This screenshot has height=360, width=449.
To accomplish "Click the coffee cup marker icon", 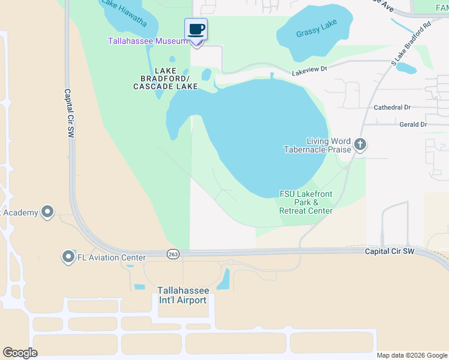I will (196, 29).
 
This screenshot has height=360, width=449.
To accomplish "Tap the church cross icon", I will (360, 144).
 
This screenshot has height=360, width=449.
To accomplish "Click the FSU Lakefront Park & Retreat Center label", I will (306, 202).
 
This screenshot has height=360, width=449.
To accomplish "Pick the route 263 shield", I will (173, 254).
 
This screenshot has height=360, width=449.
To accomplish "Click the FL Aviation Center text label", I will (112, 258).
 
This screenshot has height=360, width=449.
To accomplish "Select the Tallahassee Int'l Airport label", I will (182, 295).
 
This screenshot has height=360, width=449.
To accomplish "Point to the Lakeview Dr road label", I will (309, 71).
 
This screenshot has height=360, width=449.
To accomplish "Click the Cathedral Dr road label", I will (392, 107).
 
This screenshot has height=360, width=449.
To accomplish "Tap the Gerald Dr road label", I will (412, 124).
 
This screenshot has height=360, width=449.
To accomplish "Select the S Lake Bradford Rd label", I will (411, 44).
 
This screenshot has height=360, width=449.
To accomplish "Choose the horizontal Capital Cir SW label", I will (390, 251).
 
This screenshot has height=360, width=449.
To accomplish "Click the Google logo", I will (20, 353).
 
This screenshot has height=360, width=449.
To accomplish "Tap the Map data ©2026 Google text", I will (412, 355).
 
